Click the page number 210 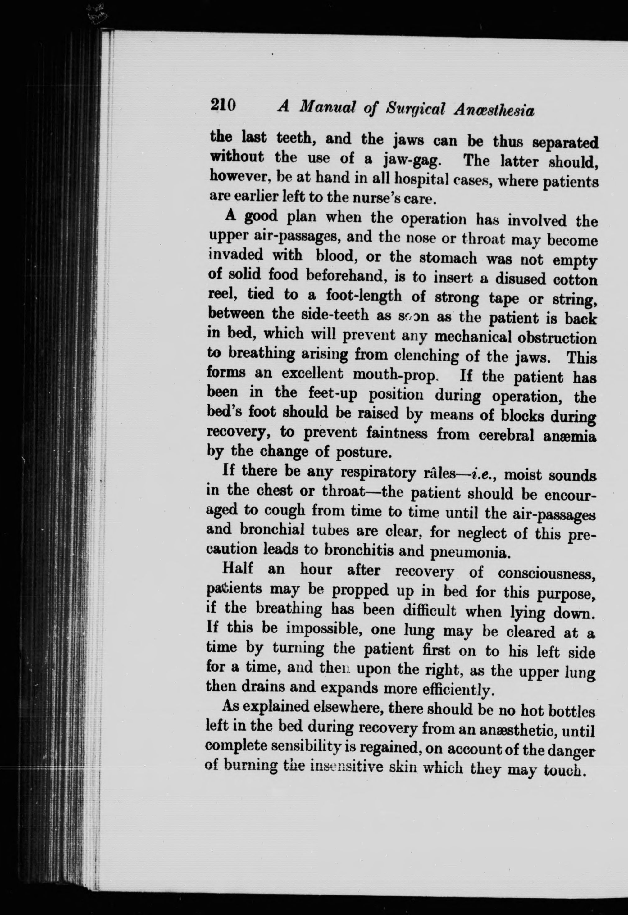223,105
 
